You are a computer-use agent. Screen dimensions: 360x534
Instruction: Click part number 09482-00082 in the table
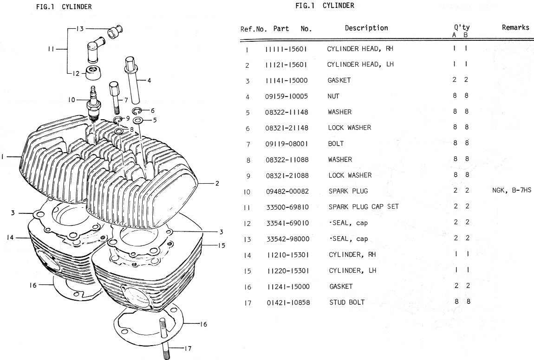click(287, 191)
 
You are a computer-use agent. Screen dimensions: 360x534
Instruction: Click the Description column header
click(366, 28)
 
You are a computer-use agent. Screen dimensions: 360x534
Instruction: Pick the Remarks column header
click(515, 27)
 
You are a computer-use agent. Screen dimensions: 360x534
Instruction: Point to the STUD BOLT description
click(347, 302)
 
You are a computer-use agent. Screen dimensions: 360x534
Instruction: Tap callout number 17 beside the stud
click(187, 348)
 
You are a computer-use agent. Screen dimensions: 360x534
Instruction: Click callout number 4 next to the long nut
click(149, 80)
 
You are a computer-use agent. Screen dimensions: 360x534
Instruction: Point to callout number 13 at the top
click(80, 29)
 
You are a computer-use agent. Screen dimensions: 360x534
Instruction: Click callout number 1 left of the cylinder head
click(3, 157)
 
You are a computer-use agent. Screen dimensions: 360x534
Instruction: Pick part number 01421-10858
click(288, 302)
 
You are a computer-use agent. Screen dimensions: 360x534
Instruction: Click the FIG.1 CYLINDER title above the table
click(325, 6)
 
